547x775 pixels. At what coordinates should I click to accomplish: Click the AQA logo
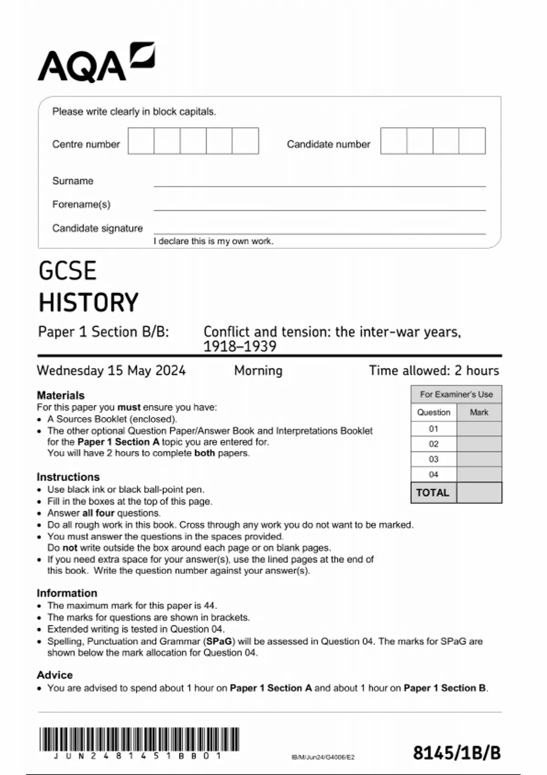[96, 62]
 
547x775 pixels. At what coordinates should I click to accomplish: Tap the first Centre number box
[141, 141]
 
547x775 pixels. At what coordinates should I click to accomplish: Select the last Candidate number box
[472, 141]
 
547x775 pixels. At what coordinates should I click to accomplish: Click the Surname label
[72, 181]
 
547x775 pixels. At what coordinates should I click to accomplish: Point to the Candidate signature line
[319, 232]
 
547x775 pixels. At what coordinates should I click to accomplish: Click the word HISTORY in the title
[88, 303]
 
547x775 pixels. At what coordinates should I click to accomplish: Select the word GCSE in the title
[67, 271]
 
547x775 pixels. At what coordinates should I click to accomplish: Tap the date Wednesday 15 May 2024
[111, 370]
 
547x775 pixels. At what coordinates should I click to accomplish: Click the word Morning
[258, 370]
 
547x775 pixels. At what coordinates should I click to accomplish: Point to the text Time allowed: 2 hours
[433, 370]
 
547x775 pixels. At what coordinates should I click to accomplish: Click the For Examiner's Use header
[456, 394]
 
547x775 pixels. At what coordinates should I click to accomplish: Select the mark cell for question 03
[479, 459]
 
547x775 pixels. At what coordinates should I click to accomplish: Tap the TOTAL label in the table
[433, 493]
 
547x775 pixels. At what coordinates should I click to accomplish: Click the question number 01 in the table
[433, 429]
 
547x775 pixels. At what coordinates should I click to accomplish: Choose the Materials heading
[61, 395]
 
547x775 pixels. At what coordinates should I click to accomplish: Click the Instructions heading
[68, 477]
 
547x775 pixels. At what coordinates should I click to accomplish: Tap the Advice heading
[55, 675]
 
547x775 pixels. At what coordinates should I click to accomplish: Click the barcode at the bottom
[139, 739]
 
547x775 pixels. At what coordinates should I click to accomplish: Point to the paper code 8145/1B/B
[457, 753]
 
